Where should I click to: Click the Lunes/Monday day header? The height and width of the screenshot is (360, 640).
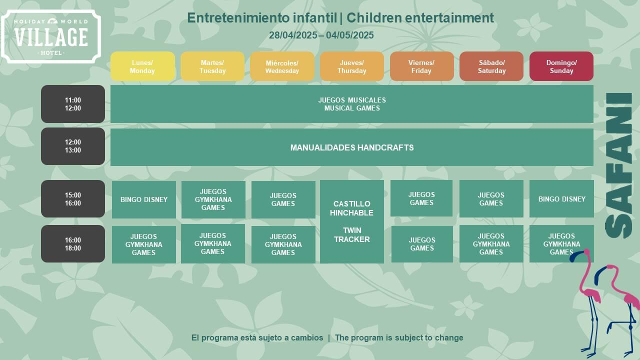(142, 66)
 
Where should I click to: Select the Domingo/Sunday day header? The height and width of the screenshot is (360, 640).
(561, 66)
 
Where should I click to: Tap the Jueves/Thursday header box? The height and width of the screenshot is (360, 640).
(351, 66)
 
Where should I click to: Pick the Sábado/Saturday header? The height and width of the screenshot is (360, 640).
(491, 66)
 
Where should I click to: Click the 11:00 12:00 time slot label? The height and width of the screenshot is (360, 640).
(73, 104)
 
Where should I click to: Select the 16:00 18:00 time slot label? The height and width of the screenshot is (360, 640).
(73, 243)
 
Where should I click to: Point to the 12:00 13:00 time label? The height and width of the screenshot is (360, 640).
(73, 146)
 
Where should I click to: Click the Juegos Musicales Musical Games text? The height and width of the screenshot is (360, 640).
(352, 104)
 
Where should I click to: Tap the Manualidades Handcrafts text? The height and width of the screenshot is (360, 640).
(352, 147)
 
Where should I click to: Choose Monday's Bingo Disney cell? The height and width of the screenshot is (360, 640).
(143, 199)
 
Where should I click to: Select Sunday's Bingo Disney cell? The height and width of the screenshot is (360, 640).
(561, 199)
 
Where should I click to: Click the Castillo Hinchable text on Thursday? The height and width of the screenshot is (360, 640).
(351, 208)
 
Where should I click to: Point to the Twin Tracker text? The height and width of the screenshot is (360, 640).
(351, 235)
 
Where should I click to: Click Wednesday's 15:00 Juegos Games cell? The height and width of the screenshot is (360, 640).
(283, 199)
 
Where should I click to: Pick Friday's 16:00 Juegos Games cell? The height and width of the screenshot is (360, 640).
(422, 244)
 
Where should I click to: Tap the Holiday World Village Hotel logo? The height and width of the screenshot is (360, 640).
(51, 36)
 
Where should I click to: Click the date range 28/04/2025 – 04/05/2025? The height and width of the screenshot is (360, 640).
(321, 35)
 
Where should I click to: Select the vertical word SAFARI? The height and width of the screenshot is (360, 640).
(618, 165)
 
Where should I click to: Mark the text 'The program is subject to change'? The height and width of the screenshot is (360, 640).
(399, 337)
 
